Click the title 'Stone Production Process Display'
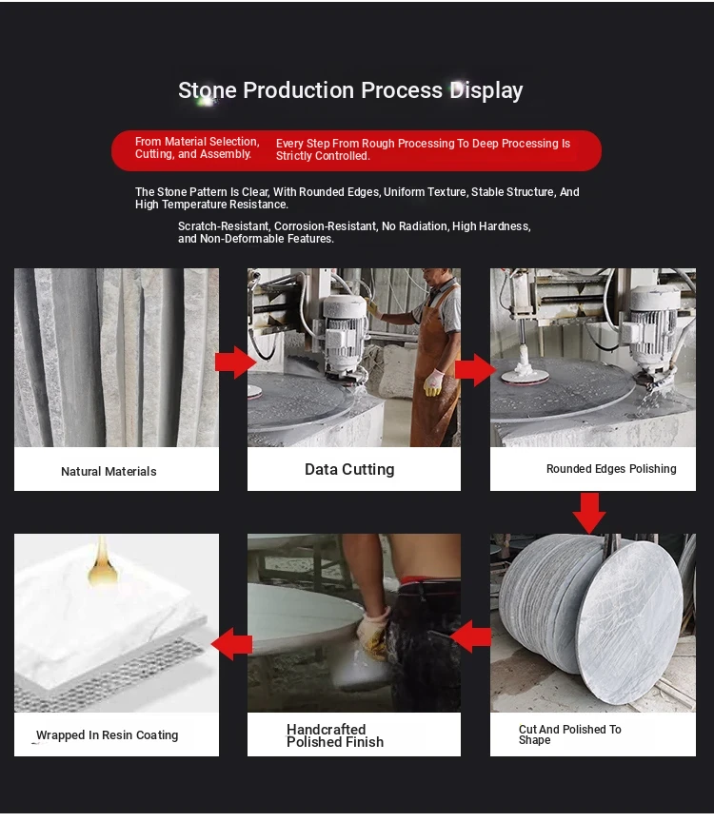click(350, 90)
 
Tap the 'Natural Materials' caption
click(109, 471)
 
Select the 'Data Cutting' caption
click(349, 469)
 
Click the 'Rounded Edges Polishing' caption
click(611, 469)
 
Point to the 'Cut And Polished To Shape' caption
click(569, 734)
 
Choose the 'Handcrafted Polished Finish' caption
click(335, 735)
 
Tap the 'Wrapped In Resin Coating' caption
click(107, 735)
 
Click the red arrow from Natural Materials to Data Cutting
click(235, 362)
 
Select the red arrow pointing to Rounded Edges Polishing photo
click(475, 369)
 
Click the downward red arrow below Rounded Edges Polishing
click(589, 513)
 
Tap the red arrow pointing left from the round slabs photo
click(470, 636)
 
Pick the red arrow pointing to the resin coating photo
click(232, 644)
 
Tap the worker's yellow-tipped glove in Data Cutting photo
click(433, 382)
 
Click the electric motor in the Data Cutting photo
click(344, 331)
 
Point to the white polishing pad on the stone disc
click(525, 373)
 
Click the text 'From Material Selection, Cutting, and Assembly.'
click(197, 147)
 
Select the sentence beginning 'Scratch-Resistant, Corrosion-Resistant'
click(355, 232)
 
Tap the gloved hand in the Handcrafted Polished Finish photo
click(373, 633)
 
